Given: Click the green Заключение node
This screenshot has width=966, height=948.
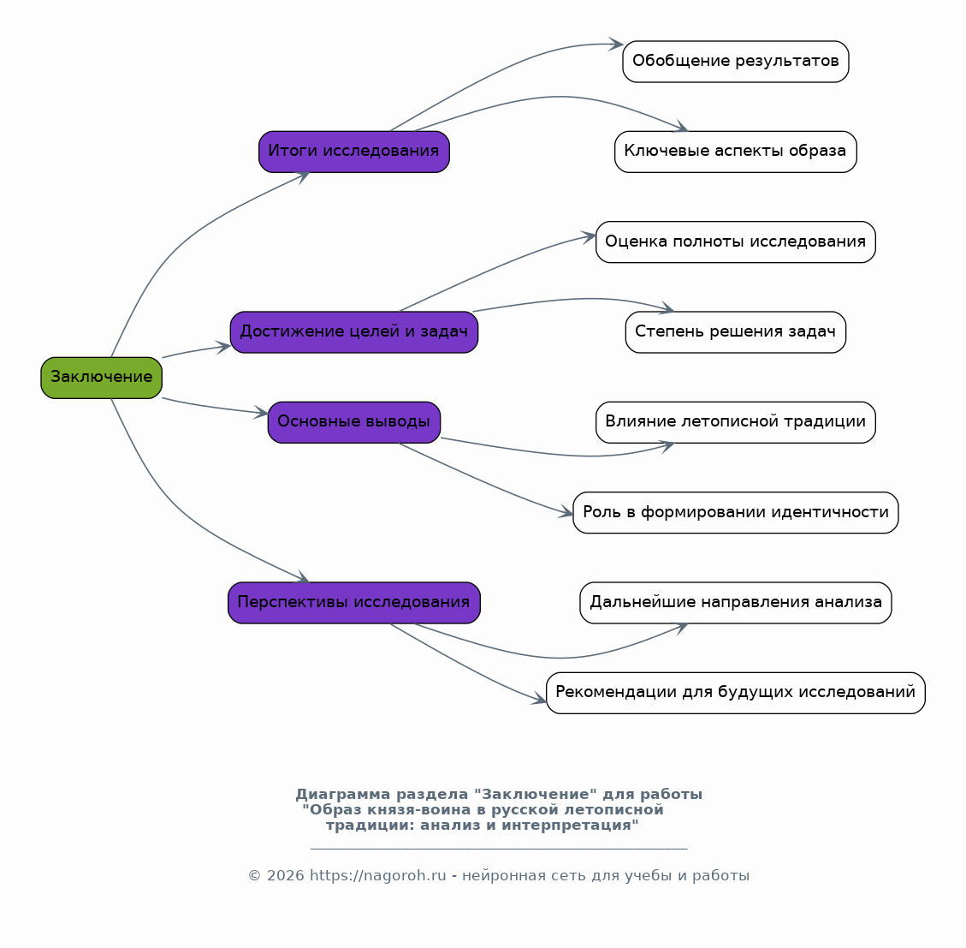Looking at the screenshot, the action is pyautogui.click(x=102, y=378).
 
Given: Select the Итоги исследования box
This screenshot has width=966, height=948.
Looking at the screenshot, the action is pyautogui.click(x=354, y=152).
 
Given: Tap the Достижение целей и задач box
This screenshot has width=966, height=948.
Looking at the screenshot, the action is pyautogui.click(x=354, y=331).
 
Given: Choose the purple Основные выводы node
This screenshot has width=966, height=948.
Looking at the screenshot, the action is pyautogui.click(x=354, y=422).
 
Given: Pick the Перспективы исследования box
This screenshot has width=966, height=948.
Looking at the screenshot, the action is pyautogui.click(x=354, y=603).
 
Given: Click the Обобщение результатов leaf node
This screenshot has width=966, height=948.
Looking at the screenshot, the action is pyautogui.click(x=736, y=62).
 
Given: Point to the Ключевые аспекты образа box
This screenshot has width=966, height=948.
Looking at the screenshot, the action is pyautogui.click(x=736, y=152).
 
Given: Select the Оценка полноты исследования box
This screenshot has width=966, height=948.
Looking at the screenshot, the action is pyautogui.click(x=736, y=241).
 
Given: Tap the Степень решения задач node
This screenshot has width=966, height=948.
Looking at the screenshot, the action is pyautogui.click(x=736, y=331).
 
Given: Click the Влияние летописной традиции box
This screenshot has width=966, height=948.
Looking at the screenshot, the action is pyautogui.click(x=736, y=422).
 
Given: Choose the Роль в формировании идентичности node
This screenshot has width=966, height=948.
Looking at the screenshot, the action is pyautogui.click(x=736, y=513).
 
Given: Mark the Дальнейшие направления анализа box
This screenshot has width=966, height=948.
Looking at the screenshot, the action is pyautogui.click(x=736, y=603).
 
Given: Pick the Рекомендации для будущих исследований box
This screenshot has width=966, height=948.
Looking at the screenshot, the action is pyautogui.click(x=736, y=694).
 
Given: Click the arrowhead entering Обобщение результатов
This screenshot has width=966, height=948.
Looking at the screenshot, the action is pyautogui.click(x=617, y=44).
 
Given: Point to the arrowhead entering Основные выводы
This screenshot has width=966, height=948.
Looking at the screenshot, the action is pyautogui.click(x=262, y=412).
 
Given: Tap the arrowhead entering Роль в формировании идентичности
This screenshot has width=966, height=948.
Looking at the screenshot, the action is pyautogui.click(x=566, y=512).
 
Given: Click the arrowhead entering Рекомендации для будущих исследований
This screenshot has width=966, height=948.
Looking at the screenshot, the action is pyautogui.click(x=540, y=699).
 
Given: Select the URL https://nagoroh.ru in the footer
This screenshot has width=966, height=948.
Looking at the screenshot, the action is pyautogui.click(x=377, y=876).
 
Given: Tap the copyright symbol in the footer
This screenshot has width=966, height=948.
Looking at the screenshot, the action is pyautogui.click(x=254, y=876).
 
